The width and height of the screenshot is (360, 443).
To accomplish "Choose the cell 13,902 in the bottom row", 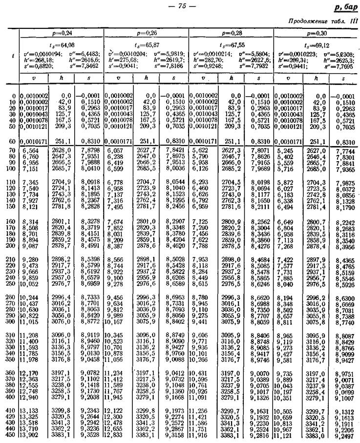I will tap(29, 434).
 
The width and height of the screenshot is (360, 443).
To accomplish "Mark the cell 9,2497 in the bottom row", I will tap(345, 434).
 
